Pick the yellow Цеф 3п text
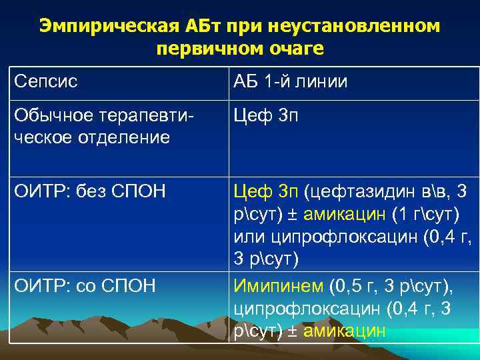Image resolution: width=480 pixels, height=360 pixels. click(265, 193)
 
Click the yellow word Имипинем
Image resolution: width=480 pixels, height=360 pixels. click(278, 287)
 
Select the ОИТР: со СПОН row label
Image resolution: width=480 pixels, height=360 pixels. click(84, 287)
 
